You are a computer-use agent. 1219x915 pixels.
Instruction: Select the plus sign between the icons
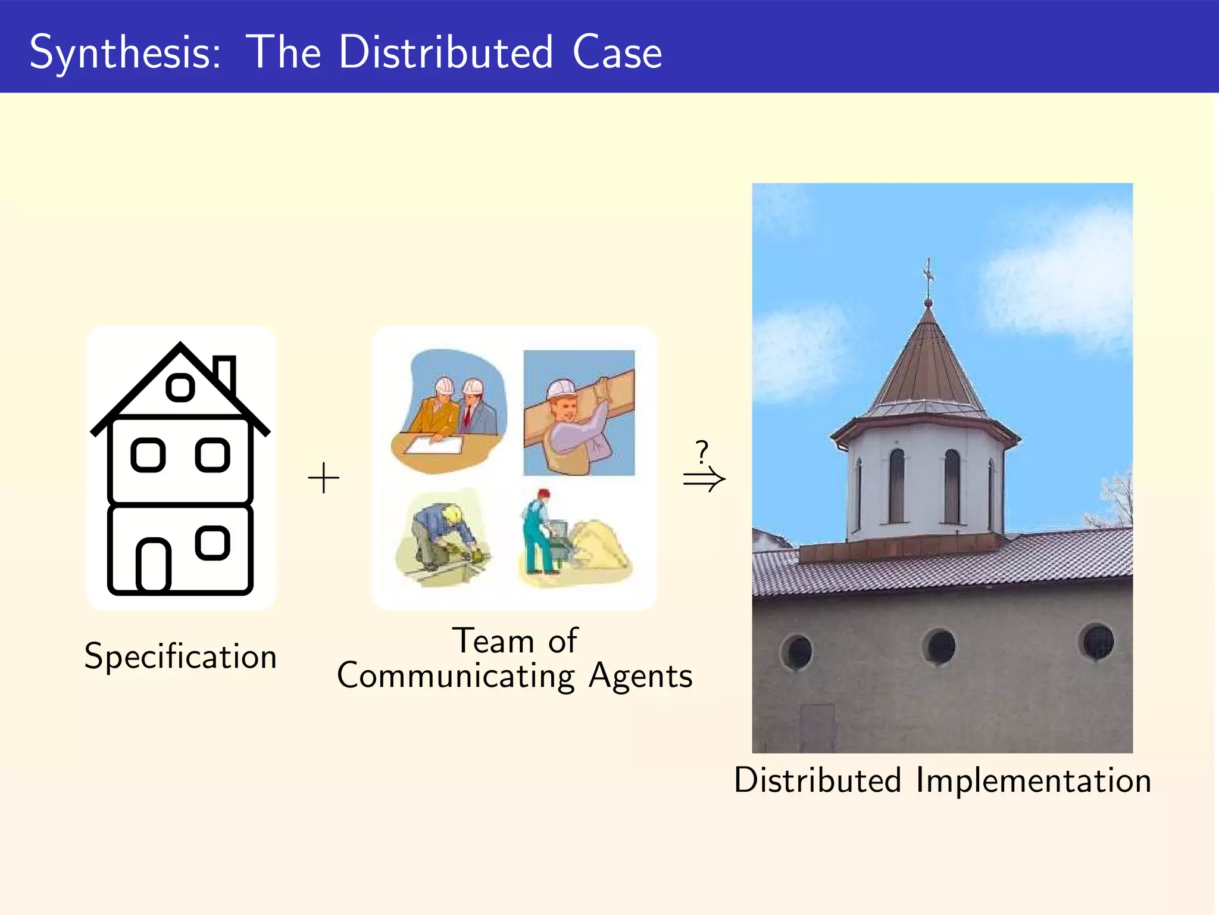click(x=323, y=478)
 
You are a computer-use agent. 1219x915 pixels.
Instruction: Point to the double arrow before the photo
click(x=704, y=479)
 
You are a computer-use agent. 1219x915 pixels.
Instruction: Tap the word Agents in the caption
click(x=640, y=676)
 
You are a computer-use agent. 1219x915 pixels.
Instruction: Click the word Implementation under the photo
click(x=1033, y=780)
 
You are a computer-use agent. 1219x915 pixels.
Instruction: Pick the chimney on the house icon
click(x=225, y=374)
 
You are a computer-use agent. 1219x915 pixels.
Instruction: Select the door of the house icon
click(x=154, y=565)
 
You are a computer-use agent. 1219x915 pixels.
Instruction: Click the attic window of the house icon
click(x=180, y=388)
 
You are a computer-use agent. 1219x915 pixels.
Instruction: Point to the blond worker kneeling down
click(x=440, y=536)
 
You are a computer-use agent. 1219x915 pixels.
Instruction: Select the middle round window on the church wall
click(x=939, y=646)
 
